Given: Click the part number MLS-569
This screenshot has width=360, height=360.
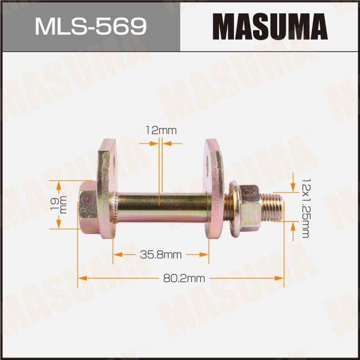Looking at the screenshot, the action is pos(91,27).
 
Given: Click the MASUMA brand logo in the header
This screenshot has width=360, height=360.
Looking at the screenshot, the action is pos(270,26).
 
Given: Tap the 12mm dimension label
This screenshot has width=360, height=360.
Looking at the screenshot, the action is pos(161,131).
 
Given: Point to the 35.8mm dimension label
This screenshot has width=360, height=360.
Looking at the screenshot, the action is pos(161,254).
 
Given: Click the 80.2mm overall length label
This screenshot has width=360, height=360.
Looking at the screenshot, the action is pos(184,278).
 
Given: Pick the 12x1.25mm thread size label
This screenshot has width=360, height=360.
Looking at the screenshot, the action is pos(305,208).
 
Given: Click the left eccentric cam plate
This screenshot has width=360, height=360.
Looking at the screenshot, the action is pos(107,189).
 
